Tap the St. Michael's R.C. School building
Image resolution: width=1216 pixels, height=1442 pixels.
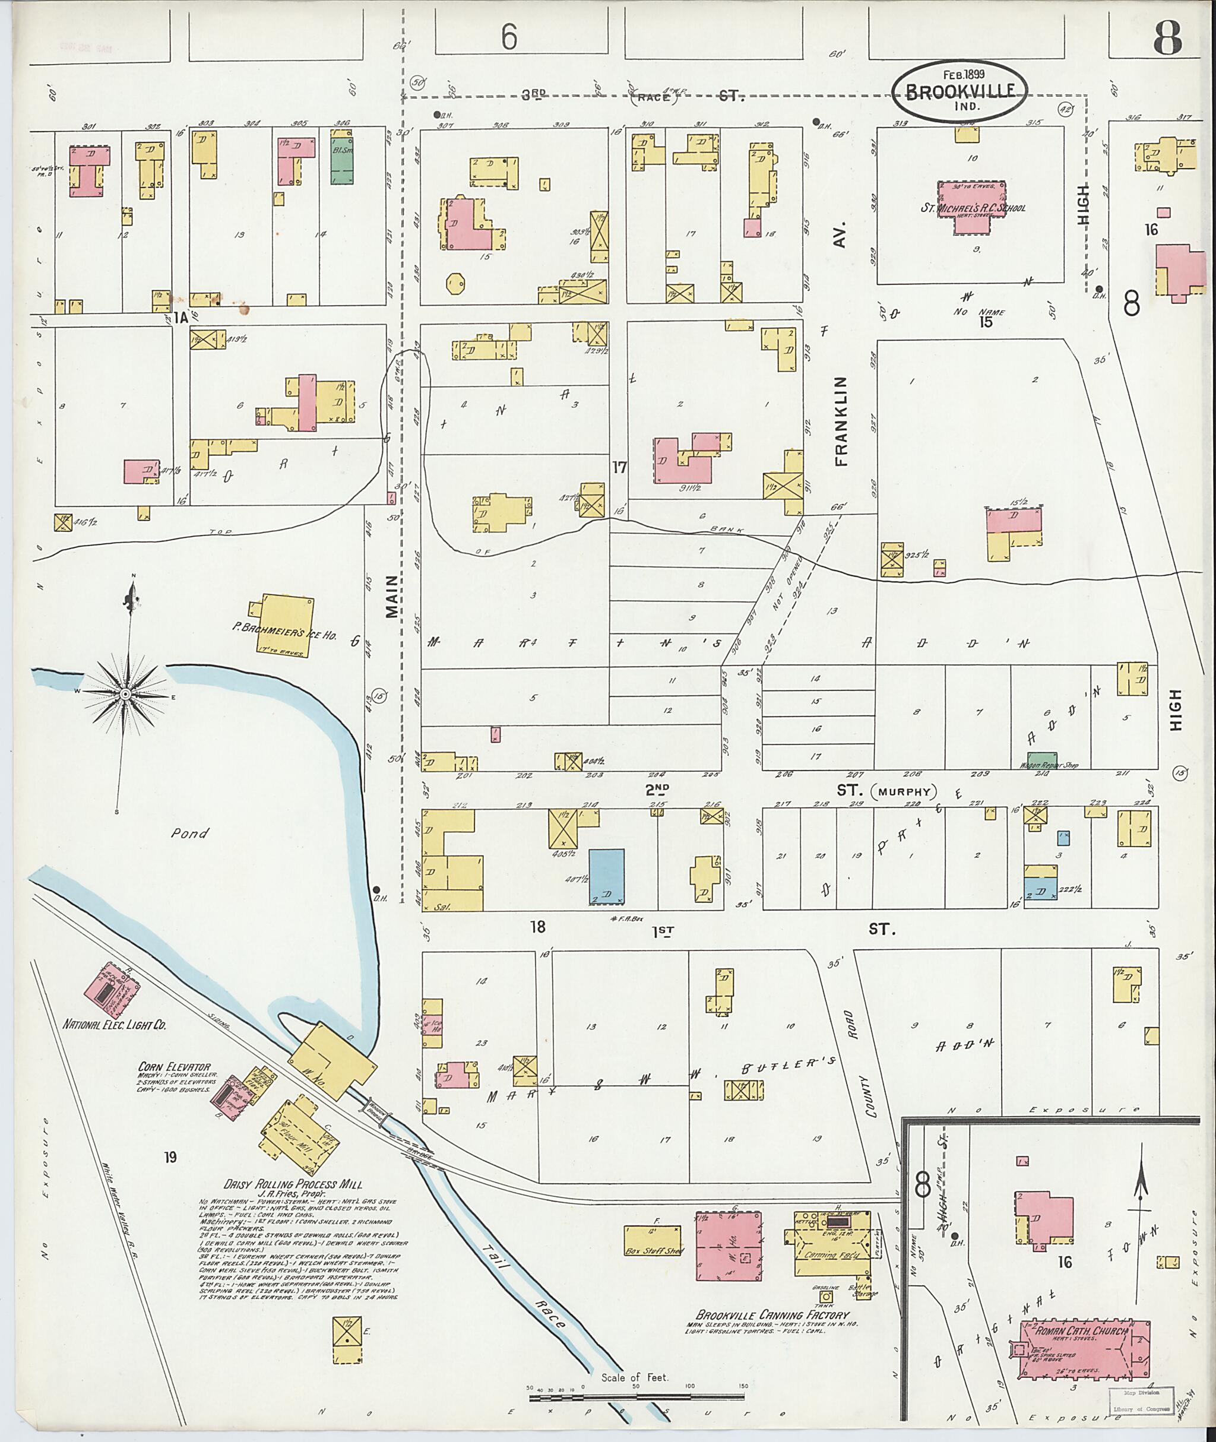972,208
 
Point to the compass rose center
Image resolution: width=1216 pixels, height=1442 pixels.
128,692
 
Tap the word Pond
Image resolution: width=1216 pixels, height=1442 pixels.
189,833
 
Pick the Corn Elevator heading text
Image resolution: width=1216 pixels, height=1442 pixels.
174,1067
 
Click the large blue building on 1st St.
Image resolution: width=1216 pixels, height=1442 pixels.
607,876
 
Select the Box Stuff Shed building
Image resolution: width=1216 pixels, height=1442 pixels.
651,1240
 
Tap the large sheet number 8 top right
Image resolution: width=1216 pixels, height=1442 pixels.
1167,38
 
